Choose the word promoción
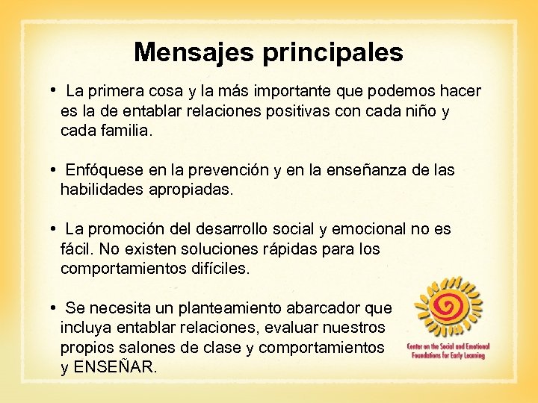[133, 229]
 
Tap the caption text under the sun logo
[447, 351]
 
